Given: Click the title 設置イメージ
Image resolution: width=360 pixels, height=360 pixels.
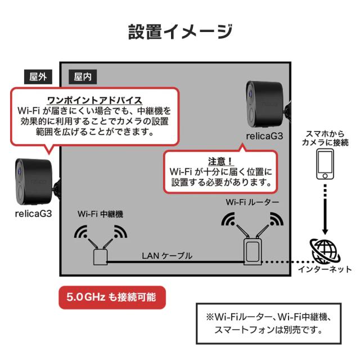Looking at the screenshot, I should coord(180,31).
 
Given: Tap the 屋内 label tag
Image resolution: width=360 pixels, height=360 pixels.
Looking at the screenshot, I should coord(82,76).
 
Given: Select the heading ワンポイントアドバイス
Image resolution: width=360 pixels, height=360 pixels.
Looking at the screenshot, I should coord(94,100).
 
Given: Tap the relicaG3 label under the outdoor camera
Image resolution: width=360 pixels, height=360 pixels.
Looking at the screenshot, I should coord(34,213).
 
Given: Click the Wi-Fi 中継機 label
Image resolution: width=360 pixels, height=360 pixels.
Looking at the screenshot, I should coord(100,214).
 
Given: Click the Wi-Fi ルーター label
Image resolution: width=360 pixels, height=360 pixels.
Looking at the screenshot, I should coord(253,201).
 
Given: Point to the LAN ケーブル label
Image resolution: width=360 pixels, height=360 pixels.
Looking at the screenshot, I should coord(166,255).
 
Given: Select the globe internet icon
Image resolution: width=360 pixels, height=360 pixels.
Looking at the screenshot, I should coord(325,250).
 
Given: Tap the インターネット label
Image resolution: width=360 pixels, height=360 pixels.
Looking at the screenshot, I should coord(325,270).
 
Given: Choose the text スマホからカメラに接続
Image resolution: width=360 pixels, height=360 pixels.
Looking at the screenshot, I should coord(325,138).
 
